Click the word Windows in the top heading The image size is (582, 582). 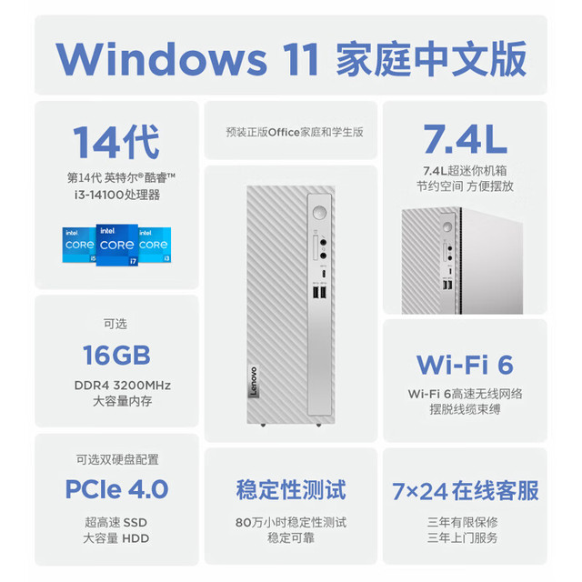click(161, 58)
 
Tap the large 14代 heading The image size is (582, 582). click(116, 142)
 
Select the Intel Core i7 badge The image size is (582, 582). click(117, 245)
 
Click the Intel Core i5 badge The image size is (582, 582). click(79, 245)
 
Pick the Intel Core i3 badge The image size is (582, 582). click(155, 245)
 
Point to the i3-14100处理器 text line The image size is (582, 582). click(117, 195)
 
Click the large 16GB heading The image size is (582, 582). click(116, 355)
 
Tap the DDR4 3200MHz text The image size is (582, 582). click(123, 386)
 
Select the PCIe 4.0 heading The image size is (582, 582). click(116, 489)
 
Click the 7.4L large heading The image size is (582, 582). click(465, 139)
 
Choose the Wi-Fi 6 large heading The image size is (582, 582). click(465, 365)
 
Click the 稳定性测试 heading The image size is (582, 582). click(291, 489)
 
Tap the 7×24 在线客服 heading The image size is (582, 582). click(465, 491)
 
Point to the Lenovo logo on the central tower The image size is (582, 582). click(254, 382)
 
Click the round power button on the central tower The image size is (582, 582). click(319, 213)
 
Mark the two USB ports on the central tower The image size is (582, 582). click(319, 293)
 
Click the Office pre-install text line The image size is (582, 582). click(295, 132)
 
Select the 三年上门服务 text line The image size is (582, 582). click(462, 537)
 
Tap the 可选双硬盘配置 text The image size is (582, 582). click(117, 459)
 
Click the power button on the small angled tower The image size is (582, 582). click(447, 226)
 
